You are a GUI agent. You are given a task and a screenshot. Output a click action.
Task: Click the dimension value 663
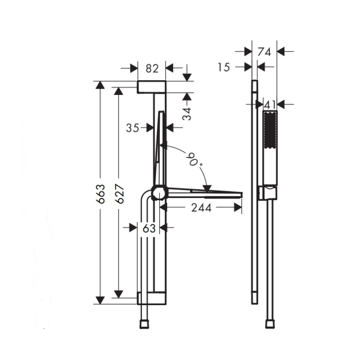(100, 193)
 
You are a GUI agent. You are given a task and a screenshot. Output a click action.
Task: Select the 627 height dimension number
(119, 194)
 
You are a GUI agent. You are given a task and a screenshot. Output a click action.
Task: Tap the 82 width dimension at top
(152, 68)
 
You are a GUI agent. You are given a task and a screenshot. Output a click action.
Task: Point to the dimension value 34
(188, 113)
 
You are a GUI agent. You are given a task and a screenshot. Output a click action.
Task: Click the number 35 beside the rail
(132, 128)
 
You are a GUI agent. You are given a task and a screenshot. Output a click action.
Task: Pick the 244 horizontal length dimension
(201, 208)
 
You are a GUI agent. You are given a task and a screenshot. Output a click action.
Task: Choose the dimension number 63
(149, 228)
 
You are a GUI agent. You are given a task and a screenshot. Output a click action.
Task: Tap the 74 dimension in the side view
(264, 52)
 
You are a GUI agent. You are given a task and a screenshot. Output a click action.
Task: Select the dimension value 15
(224, 67)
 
